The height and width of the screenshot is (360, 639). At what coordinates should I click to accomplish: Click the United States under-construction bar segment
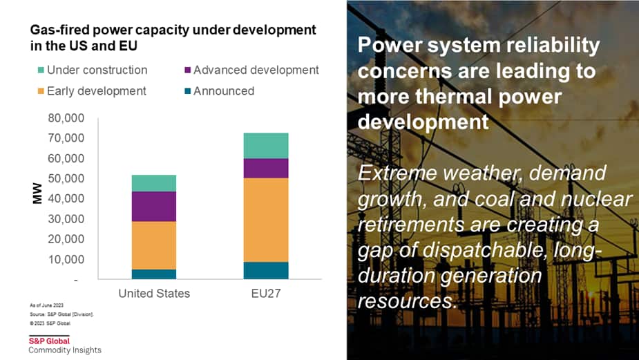(x=154, y=183)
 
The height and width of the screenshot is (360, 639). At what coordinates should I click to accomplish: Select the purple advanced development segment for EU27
(x=266, y=168)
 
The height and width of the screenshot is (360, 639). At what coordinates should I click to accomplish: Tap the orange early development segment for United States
(x=154, y=245)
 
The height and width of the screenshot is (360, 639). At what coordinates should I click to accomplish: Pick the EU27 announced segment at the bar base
(x=266, y=270)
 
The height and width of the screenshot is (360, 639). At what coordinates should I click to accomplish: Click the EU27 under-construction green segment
(x=266, y=145)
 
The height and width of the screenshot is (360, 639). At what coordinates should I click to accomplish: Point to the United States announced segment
(x=154, y=274)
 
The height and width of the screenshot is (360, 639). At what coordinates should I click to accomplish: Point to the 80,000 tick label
(x=66, y=118)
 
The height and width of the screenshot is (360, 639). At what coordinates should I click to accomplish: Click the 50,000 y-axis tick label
(x=66, y=179)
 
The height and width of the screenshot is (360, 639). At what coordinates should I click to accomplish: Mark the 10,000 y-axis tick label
(x=66, y=260)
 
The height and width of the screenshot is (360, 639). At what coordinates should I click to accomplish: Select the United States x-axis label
(x=154, y=294)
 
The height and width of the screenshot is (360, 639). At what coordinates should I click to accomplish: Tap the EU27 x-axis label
(x=266, y=294)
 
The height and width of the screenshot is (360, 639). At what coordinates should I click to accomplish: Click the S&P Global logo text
(x=49, y=341)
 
